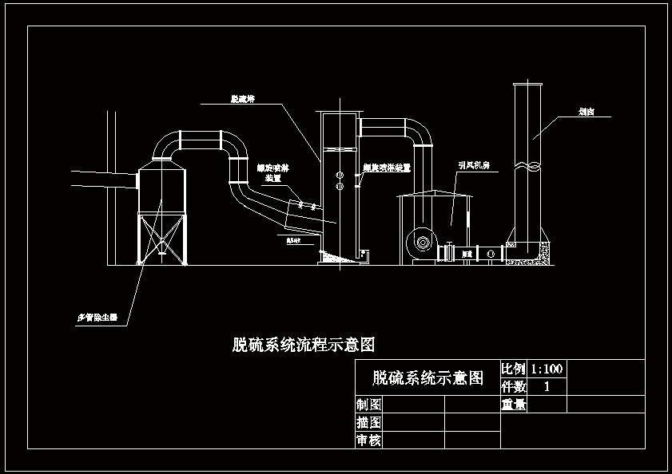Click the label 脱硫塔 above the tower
point(242,99)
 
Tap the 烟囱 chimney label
point(586,113)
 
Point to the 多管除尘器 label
point(97,317)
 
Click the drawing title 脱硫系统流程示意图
point(304,345)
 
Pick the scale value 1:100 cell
point(547,369)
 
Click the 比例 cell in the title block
point(513,369)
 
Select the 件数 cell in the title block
point(513,386)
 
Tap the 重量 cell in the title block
point(513,405)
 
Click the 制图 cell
point(368,405)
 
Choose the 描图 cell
point(368,422)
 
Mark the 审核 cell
point(368,440)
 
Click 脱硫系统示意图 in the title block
point(427,377)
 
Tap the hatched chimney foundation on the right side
point(546,252)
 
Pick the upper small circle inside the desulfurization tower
point(340,173)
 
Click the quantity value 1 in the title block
point(547,386)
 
